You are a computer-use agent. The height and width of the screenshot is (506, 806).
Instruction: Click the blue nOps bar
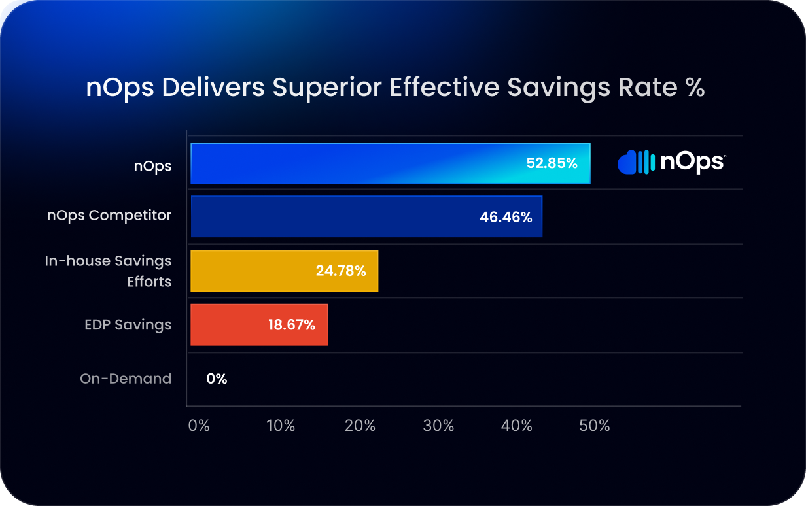point(391,163)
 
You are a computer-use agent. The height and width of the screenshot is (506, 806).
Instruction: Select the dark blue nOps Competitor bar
point(366,216)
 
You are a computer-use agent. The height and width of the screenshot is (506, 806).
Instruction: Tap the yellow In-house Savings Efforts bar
point(284,271)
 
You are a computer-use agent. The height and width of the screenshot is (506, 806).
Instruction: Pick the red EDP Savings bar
point(260,325)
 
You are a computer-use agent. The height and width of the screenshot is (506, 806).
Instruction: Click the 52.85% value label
point(552,163)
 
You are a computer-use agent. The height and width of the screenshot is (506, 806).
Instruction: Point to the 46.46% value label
point(506,217)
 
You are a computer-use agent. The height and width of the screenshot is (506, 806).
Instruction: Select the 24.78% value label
point(341,271)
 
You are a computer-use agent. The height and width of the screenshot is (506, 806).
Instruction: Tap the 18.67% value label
point(292,325)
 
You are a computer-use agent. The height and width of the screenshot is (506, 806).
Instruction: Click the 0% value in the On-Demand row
point(217,379)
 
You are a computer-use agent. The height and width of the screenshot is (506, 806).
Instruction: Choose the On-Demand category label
point(126,379)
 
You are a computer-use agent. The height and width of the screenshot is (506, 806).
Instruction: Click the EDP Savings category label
point(128,325)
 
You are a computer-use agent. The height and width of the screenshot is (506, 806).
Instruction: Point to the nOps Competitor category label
point(109,216)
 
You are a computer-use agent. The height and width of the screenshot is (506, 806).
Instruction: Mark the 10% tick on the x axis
point(280,426)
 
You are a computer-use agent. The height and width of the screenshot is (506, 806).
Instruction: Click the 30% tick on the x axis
point(438,426)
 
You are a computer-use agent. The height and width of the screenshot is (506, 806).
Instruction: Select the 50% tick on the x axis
point(595,426)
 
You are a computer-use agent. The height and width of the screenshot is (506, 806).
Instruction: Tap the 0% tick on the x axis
point(199,426)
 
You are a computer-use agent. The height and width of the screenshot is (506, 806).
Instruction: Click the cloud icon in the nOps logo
point(627,163)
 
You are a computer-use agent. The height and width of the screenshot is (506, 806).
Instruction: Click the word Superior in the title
point(326,88)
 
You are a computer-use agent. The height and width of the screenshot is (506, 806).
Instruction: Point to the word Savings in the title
point(559,88)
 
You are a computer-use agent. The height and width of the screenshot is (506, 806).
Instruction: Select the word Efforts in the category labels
point(149,282)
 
